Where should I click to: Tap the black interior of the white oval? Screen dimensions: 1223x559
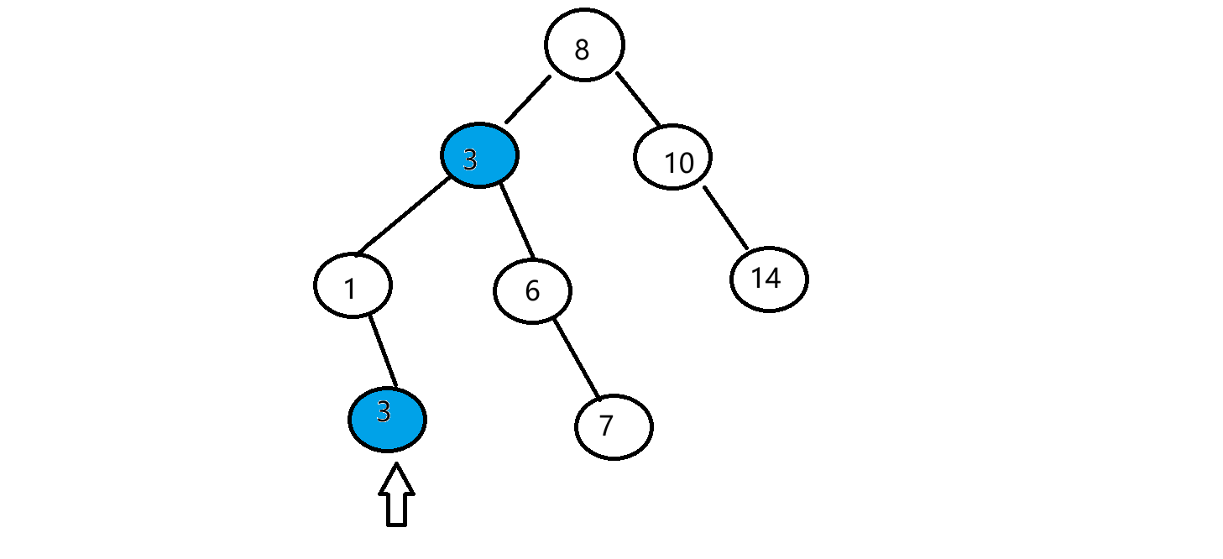tap(576, 41)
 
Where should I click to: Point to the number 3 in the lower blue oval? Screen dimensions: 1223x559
tap(384, 412)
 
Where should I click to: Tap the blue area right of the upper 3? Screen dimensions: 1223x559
tap(497, 156)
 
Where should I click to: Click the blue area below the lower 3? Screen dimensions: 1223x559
tap(386, 436)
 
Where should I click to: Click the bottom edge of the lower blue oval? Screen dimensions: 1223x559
tap(387, 447)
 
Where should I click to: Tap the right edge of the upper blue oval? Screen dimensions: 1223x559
tap(513, 155)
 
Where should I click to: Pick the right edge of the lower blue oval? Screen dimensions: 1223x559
tap(421, 420)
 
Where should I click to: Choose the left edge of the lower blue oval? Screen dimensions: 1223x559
tap(353, 420)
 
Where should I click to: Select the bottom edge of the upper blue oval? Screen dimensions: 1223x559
tap(479, 182)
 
